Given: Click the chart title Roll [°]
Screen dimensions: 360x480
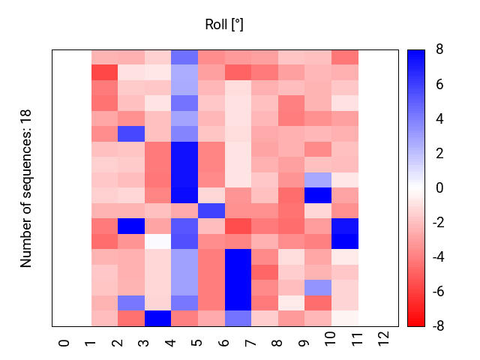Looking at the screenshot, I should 224,25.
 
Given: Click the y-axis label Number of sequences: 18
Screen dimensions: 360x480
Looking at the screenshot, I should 26,188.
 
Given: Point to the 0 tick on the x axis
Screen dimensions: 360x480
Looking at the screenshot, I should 64,343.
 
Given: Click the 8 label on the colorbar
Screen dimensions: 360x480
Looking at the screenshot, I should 439,49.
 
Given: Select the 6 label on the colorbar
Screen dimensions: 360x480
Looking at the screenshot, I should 439,84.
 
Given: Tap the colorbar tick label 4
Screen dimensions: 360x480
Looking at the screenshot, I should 439,118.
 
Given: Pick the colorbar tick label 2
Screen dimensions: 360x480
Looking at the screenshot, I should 439,153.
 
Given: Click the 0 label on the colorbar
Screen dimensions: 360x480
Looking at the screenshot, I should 439,187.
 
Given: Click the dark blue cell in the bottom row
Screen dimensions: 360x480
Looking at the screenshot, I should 157,318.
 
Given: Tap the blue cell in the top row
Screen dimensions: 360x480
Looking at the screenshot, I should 184,57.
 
